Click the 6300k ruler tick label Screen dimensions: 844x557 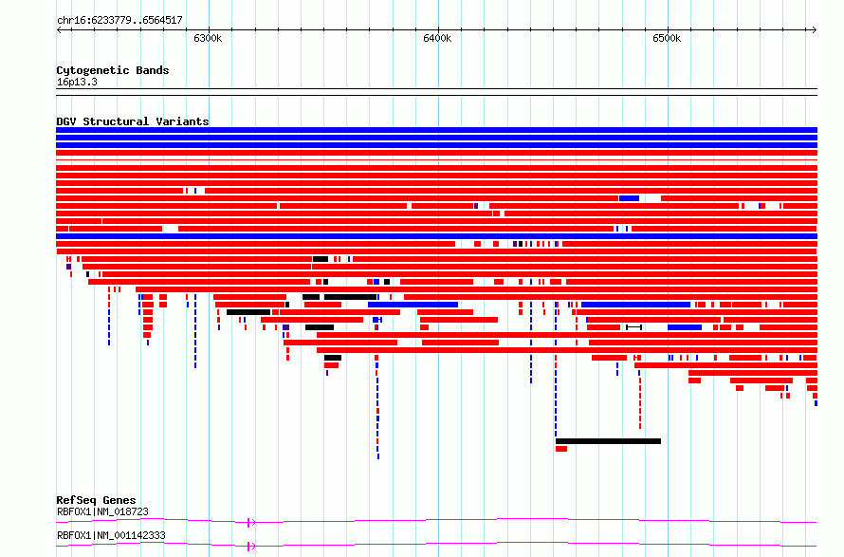pos(208,38)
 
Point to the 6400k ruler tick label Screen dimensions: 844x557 pos(437,38)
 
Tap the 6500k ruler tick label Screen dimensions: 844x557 pos(667,38)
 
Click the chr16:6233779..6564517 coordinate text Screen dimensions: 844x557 pos(119,21)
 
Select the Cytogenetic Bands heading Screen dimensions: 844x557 pos(113,70)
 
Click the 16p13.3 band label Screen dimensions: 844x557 pos(77,83)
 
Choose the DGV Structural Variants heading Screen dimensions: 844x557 pos(133,121)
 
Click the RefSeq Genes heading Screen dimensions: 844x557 pos(96,500)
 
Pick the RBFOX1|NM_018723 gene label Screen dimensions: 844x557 pos(102,511)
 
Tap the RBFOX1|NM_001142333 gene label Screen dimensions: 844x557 pos(111,535)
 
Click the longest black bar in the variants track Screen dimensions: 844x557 pos(608,441)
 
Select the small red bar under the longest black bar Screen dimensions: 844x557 pos(561,449)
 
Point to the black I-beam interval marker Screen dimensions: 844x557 pos(633,327)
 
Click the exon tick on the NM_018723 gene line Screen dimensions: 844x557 pos(248,522)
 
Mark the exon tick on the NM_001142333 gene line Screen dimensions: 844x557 pos(248,547)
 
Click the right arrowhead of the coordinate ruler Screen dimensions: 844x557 pos(815,29)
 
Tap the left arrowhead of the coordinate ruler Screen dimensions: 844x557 pos(59,29)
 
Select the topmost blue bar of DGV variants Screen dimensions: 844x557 pos(436,130)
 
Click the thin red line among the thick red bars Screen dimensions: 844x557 pos(436,160)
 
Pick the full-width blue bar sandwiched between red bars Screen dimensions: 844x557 pos(436,236)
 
